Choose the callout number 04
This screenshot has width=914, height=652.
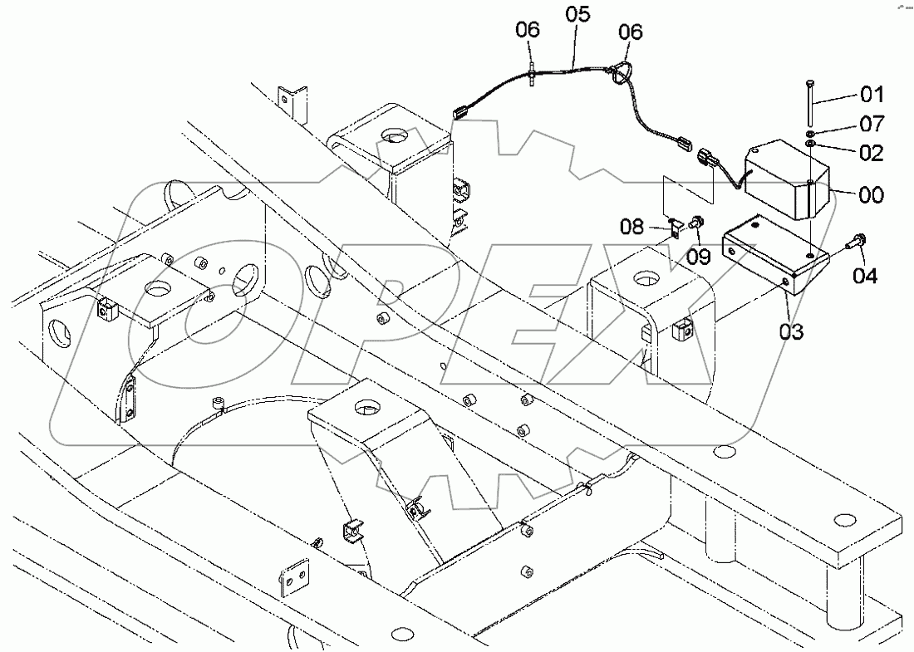[864, 276]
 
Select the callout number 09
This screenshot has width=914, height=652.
[698, 257]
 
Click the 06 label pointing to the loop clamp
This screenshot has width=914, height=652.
[631, 32]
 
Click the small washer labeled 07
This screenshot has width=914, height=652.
[808, 134]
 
